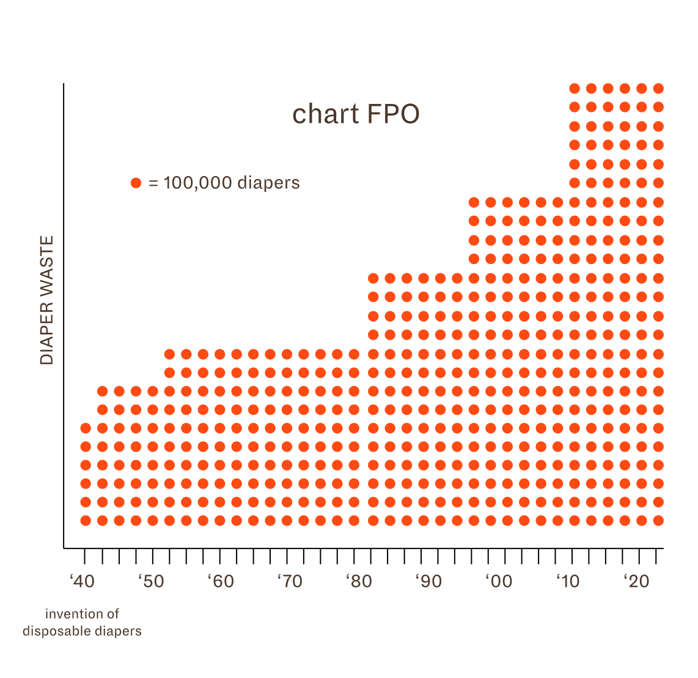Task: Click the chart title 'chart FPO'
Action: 356,114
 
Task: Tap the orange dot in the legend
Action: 136,183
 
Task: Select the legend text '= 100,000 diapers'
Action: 224,183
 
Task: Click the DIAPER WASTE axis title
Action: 47,300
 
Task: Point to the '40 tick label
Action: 83,581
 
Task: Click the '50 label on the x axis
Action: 152,581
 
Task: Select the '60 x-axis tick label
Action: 221,581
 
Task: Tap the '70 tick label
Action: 290,581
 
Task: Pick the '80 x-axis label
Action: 359,581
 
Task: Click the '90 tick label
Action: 429,581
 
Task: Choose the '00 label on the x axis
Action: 499,581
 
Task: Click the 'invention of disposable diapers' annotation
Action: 82,622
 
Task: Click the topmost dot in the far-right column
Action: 658,89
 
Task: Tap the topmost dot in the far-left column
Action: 86,428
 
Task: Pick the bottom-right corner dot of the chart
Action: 658,521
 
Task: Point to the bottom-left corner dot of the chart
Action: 86,521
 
